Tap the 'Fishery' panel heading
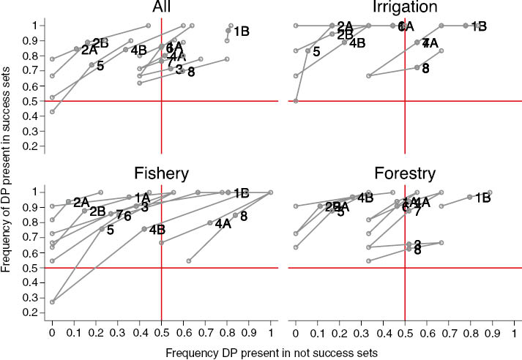pyautogui.click(x=161, y=173)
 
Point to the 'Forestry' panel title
pyautogui.click(x=404, y=173)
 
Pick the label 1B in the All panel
pyautogui.click(x=242, y=31)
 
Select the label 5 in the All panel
pyautogui.click(x=100, y=67)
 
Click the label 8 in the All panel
pyautogui.click(x=191, y=72)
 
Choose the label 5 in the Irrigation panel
pyautogui.click(x=316, y=52)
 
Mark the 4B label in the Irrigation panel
pyautogui.click(x=357, y=43)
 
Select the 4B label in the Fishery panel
pyautogui.click(x=157, y=230)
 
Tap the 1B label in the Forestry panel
pyautogui.click(x=482, y=198)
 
